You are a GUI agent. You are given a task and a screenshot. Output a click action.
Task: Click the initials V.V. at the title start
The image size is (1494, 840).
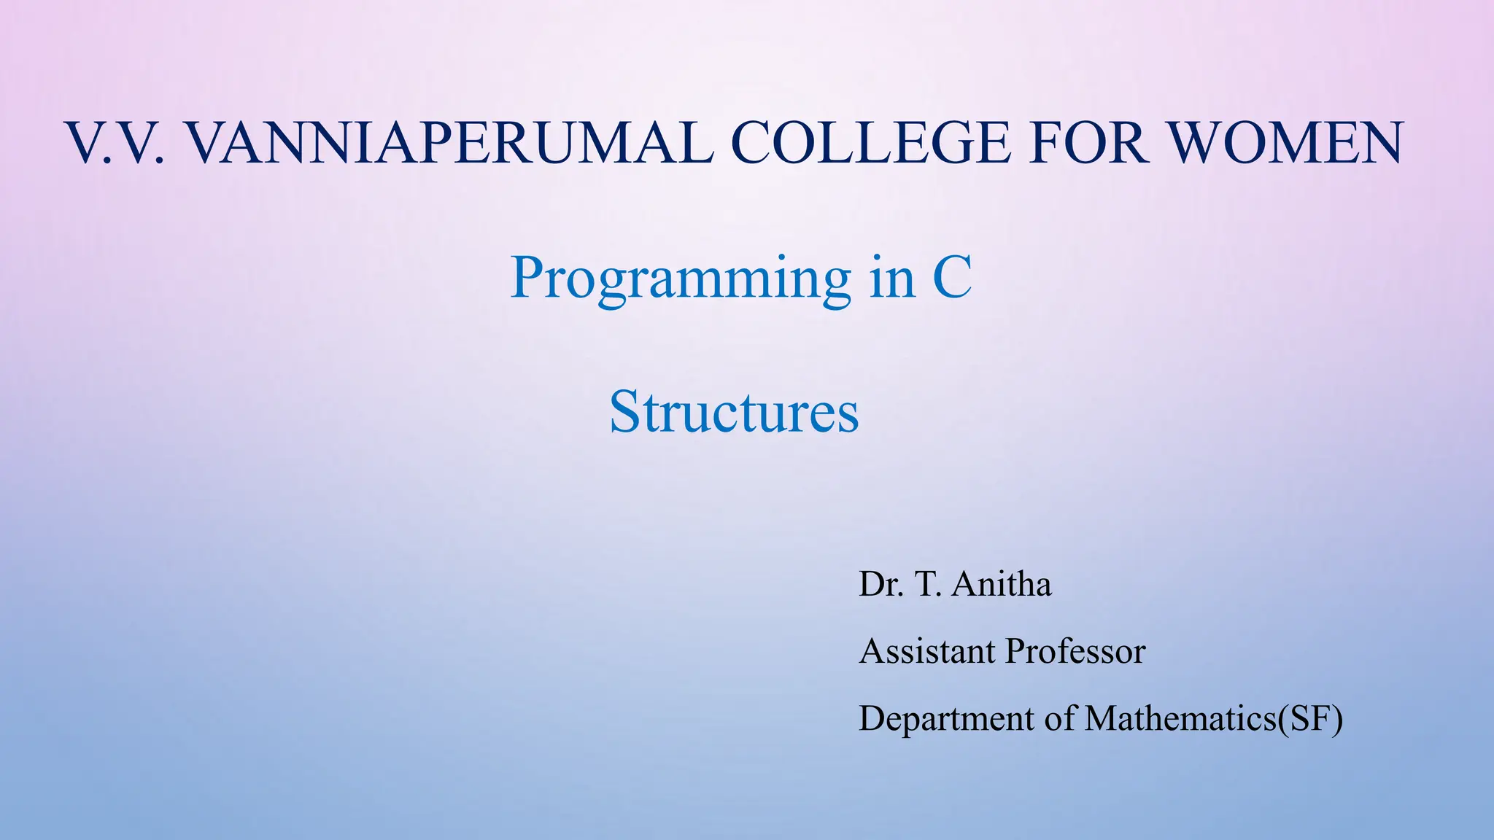click(x=117, y=143)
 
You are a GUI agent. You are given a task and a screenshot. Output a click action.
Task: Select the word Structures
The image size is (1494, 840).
click(x=734, y=412)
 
